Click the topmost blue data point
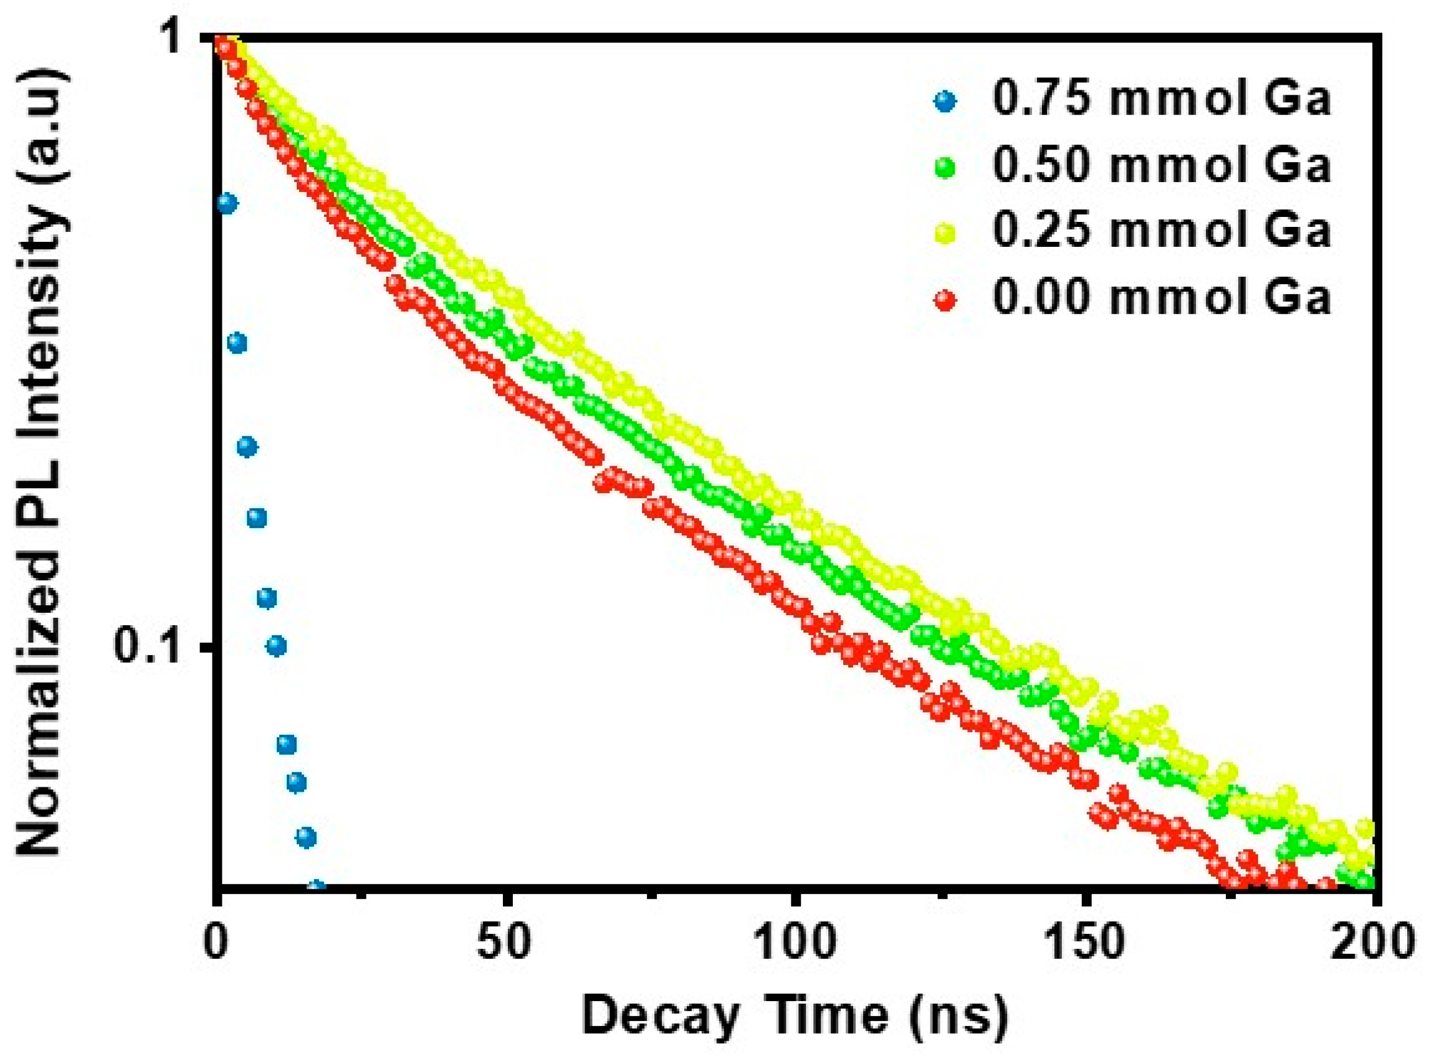click(227, 203)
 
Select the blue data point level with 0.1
click(276, 646)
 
